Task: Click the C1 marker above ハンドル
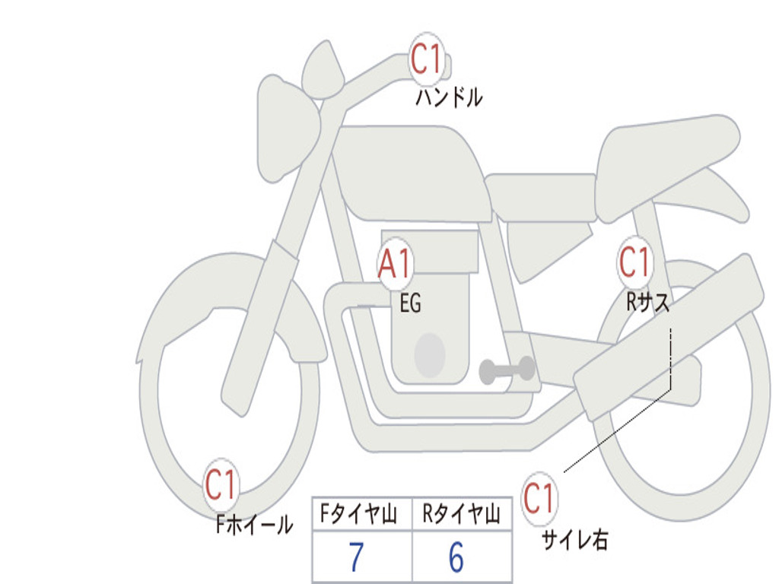427,59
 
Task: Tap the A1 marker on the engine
396,264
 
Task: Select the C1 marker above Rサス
634,263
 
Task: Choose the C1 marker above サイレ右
539,500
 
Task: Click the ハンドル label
449,97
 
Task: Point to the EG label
410,304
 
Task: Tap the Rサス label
648,303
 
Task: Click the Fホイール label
254,524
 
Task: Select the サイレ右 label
574,540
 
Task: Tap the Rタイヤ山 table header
461,516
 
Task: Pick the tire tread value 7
356,558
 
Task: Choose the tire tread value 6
456,558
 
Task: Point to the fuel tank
411,171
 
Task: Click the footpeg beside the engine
507,370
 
